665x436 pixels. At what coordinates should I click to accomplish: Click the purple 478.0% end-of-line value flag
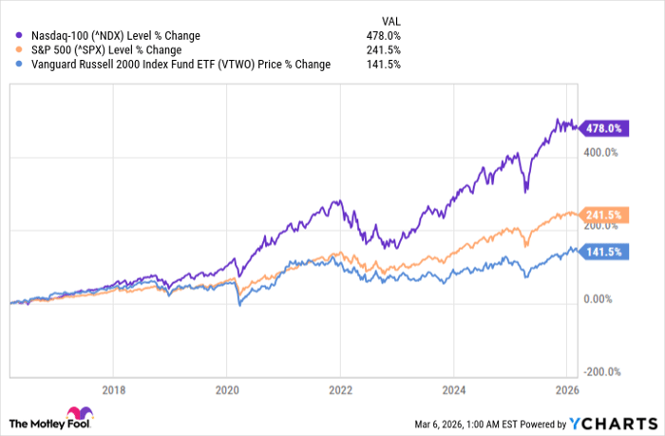click(601, 128)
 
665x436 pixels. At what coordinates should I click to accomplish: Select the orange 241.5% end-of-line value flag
click(601, 216)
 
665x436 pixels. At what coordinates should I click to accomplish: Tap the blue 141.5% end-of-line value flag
click(601, 253)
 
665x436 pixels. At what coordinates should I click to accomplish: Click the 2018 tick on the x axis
click(113, 389)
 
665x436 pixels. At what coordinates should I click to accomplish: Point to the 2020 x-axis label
click(227, 389)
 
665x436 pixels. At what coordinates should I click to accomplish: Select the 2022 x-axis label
click(340, 389)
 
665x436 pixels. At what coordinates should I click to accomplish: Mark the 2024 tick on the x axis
click(453, 389)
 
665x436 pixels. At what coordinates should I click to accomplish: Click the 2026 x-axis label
click(566, 389)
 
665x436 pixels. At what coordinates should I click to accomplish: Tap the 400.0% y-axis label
click(599, 151)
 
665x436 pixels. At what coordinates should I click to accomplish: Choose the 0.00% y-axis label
click(598, 299)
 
